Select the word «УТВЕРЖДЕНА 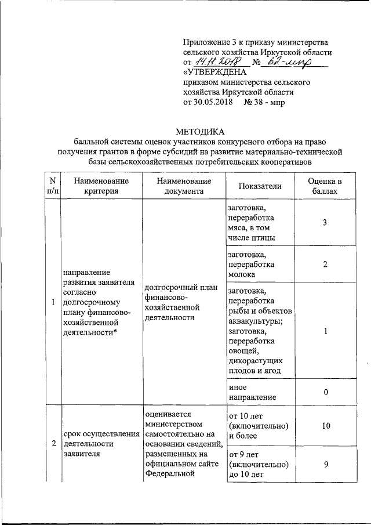(214, 72)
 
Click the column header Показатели (260, 186)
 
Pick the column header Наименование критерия (101, 186)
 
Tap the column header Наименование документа (184, 186)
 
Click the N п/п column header (53, 186)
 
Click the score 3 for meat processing (326, 223)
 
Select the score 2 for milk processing (326, 265)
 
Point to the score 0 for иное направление (326, 392)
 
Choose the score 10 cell (326, 426)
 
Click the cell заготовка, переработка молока (251, 265)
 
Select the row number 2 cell (53, 444)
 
